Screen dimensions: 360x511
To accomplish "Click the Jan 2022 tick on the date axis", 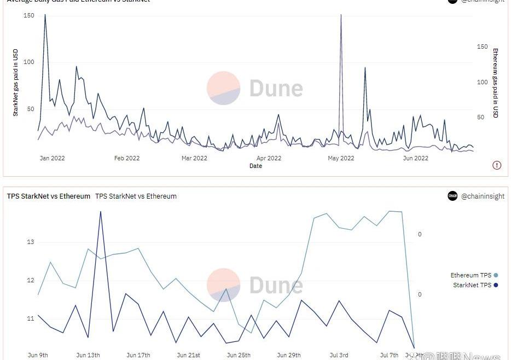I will pos(53,159).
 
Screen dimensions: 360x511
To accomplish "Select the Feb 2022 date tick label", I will pos(127,159).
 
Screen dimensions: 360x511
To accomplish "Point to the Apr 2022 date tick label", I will pos(269,159).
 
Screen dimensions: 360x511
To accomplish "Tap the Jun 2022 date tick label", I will pos(416,159).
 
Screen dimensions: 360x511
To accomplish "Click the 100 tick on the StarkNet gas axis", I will pos(28,62).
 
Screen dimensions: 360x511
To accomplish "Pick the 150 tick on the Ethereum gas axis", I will pos(482,47).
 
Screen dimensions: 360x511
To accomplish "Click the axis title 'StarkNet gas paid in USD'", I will pos(16,83).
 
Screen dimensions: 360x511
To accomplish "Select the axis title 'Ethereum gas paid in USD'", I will pos(496,83).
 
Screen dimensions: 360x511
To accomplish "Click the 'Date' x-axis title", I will pos(255,166).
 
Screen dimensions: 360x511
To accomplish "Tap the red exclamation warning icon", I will pos(497,165).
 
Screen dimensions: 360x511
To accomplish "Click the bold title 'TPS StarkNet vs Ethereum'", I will pos(49,196).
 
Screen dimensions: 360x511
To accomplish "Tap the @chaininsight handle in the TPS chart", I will pos(483,196).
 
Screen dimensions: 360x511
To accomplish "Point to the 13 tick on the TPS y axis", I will pos(31,242).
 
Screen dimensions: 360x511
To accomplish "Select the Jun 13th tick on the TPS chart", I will pos(88,355).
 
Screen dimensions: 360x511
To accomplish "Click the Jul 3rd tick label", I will pos(339,355).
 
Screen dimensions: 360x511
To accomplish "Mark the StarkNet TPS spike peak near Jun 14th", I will pos(101,212).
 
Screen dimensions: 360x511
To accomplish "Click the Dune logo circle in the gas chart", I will pos(223,88).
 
